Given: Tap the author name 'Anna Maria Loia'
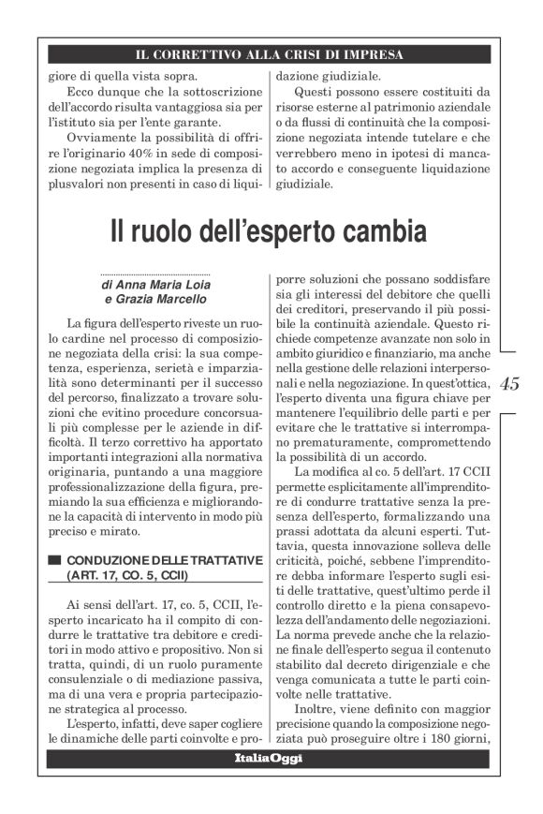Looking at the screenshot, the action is [165, 284].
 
